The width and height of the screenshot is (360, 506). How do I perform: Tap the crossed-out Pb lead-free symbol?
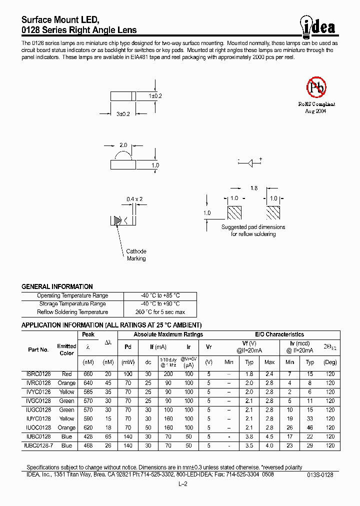[316, 87]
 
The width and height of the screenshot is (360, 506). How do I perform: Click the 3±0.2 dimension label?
[123, 114]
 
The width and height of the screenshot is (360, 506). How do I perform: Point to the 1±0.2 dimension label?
[155, 95]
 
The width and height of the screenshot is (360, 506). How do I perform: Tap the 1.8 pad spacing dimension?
[253, 188]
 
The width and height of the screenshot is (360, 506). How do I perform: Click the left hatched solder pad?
[234, 213]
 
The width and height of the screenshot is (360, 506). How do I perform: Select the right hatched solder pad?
[273, 213]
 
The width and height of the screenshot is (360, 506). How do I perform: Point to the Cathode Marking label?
[136, 255]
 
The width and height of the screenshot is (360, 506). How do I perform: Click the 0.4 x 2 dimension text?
[134, 199]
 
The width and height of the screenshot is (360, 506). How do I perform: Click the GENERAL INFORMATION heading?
[57, 287]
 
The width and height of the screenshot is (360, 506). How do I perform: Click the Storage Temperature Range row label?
[72, 304]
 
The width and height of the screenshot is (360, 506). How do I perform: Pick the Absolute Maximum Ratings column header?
[168, 334]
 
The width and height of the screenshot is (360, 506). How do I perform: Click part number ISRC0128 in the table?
[38, 374]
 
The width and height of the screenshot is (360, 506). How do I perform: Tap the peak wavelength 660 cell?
[88, 374]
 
